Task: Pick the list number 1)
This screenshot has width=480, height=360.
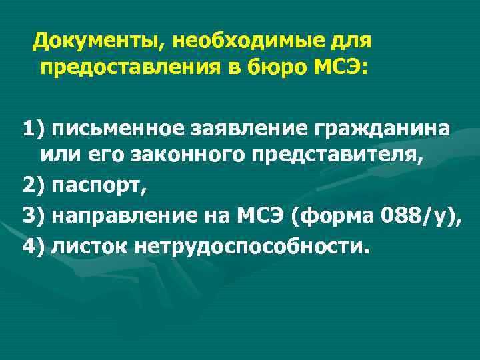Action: [x=33, y=127]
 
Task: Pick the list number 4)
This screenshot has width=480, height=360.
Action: [x=33, y=247]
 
